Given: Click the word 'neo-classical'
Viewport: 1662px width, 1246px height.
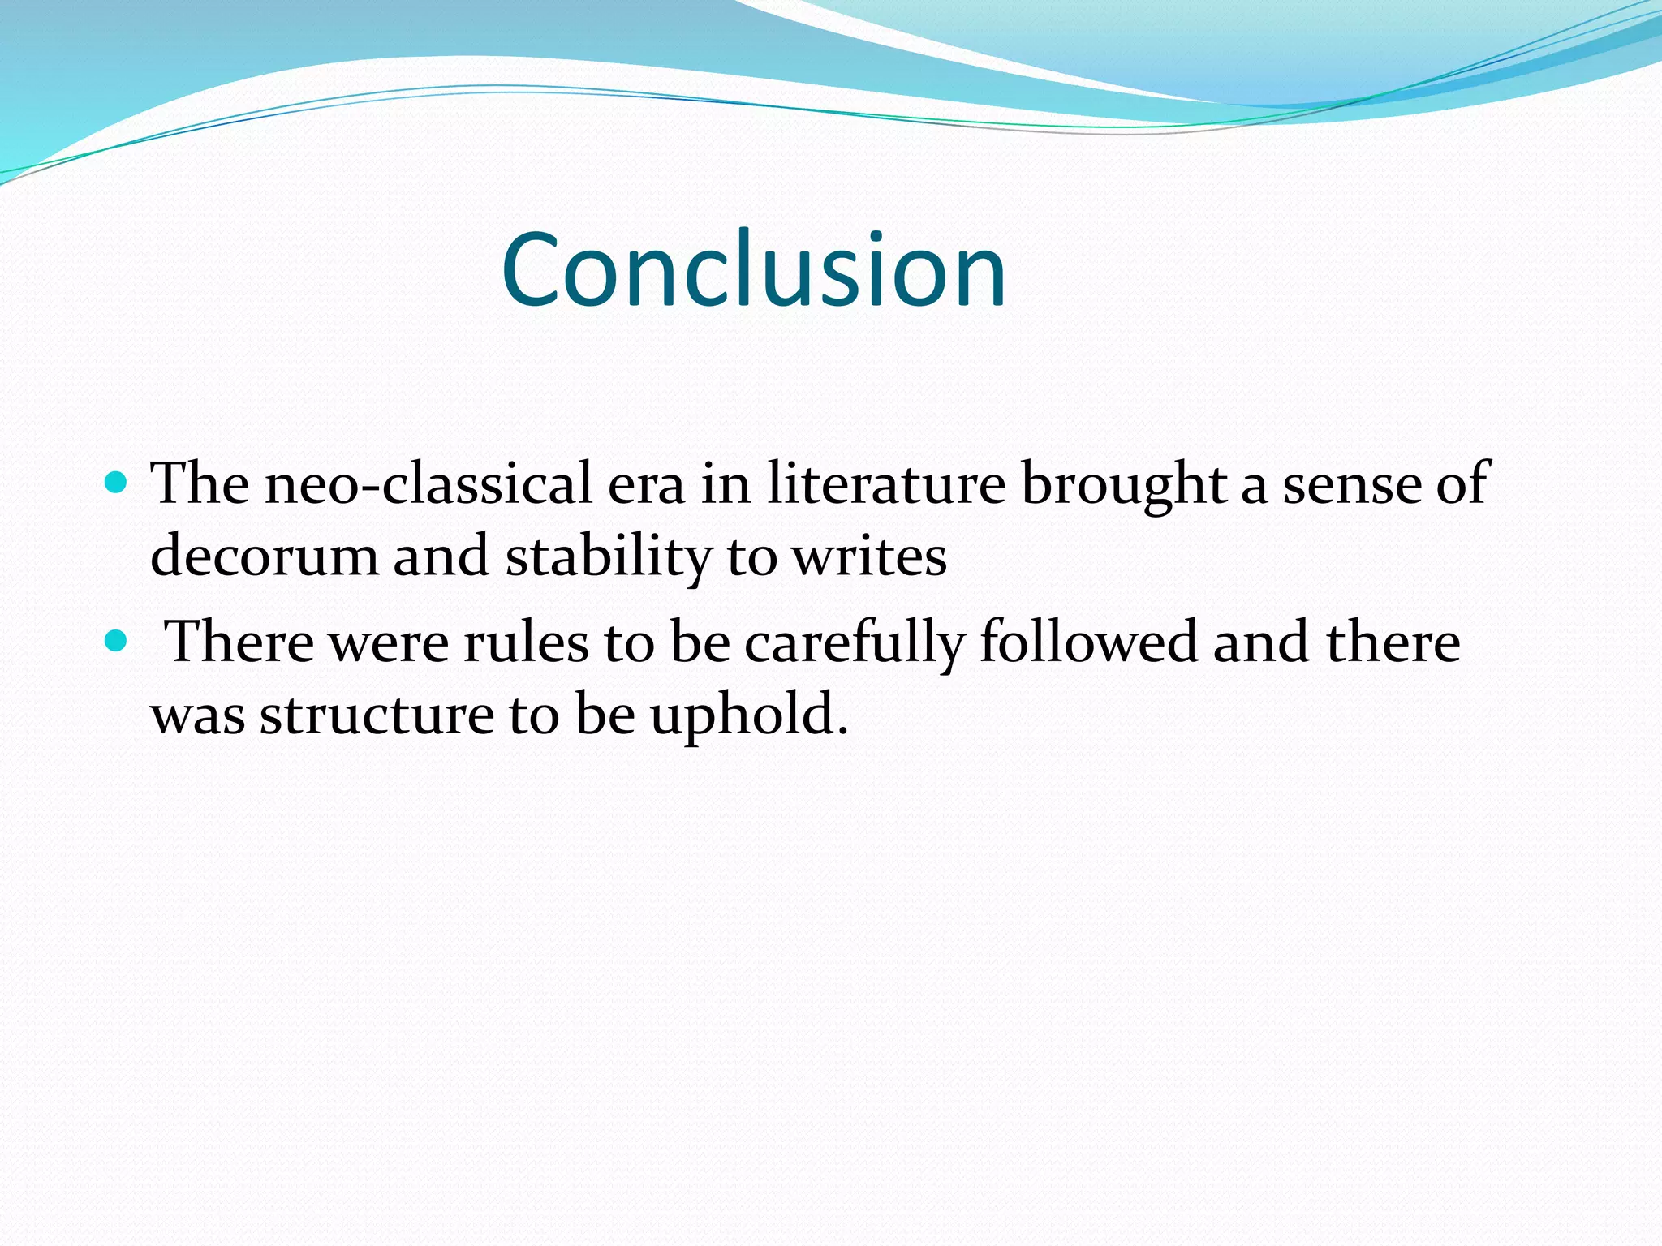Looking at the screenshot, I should pyautogui.click(x=429, y=484).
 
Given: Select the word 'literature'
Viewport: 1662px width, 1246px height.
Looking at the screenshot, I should pyautogui.click(x=885, y=484).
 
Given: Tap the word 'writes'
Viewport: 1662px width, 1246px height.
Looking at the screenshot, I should pyautogui.click(x=869, y=557).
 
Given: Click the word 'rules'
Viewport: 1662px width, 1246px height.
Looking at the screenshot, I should pyautogui.click(x=526, y=642).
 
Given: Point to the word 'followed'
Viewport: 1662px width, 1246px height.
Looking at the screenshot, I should pyautogui.click(x=1088, y=642).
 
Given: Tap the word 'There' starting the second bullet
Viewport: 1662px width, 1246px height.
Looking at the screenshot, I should pyautogui.click(x=239, y=642).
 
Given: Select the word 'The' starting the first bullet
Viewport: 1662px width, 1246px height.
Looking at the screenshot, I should pyautogui.click(x=200, y=484).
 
